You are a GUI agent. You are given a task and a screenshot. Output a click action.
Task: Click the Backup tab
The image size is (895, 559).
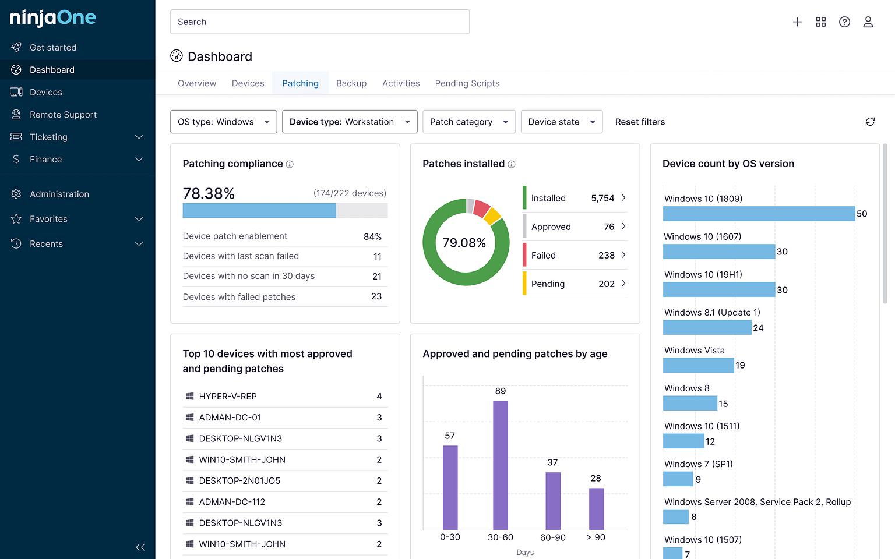point(351,83)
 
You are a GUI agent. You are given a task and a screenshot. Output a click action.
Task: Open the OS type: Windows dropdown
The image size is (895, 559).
point(223,122)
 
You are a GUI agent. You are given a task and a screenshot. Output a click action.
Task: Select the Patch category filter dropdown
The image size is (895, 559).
point(468,122)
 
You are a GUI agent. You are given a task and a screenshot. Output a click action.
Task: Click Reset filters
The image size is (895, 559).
point(640,122)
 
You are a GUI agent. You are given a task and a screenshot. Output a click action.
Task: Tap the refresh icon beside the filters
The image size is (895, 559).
point(870,122)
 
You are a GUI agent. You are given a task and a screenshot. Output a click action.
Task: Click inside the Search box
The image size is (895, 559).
point(319,22)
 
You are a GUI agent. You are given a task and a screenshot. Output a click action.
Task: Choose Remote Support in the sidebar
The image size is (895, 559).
point(63,115)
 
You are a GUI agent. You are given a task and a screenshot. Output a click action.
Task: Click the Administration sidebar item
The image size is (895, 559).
point(59,194)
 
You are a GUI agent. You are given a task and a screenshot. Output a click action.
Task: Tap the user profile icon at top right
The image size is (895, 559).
point(868,22)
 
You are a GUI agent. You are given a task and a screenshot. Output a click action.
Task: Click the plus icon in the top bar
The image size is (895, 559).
point(797,22)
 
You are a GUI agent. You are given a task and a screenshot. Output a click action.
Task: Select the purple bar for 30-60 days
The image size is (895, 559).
point(501,465)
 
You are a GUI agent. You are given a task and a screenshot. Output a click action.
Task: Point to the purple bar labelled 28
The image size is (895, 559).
point(596,508)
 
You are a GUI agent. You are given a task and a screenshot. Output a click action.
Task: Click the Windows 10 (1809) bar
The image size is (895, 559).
point(758,214)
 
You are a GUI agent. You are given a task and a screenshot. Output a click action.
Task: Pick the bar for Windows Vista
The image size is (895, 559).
point(698,365)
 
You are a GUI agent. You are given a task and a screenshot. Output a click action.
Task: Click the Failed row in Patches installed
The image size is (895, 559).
point(575,255)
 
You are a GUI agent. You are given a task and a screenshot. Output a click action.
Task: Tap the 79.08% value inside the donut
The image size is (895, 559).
point(464,243)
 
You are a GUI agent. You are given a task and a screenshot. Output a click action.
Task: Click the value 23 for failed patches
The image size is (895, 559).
point(376,296)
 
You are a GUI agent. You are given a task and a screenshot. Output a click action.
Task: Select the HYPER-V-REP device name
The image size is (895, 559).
point(228,397)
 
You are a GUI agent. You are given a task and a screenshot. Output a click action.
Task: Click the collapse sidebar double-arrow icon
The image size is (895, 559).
point(140,547)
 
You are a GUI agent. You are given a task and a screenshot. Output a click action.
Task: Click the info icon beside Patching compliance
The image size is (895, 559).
point(290,164)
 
